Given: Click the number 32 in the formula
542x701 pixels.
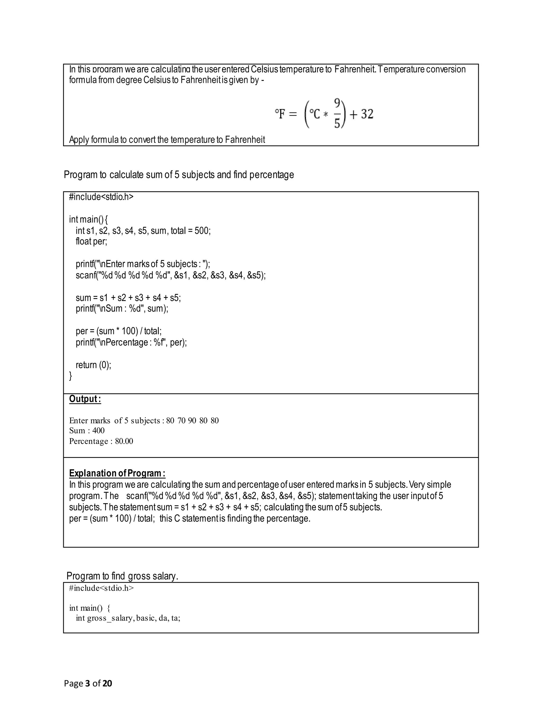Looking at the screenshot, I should [x=367, y=114].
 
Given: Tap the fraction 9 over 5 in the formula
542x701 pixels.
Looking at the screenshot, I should [x=337, y=114].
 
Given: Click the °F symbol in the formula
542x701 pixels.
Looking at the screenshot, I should [x=280, y=114].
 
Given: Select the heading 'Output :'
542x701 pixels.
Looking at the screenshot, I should [x=85, y=399].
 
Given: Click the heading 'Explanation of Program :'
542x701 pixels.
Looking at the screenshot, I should [x=117, y=473].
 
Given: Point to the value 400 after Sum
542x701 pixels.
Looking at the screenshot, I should [x=98, y=431].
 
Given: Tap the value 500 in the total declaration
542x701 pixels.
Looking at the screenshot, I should [x=202, y=231].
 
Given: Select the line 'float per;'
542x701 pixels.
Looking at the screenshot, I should [x=91, y=241].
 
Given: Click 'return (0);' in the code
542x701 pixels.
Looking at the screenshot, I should [x=93, y=365].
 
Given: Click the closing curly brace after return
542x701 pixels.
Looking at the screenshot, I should [x=71, y=376].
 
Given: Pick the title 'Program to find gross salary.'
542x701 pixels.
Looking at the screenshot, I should [x=122, y=576].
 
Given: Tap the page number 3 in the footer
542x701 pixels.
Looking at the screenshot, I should [x=87, y=683].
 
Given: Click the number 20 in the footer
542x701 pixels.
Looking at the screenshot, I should [x=107, y=683].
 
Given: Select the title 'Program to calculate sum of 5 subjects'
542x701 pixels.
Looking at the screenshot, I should [x=179, y=175].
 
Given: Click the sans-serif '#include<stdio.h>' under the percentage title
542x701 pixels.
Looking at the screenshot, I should [x=101, y=197].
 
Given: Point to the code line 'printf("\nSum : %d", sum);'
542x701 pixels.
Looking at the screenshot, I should [x=122, y=309].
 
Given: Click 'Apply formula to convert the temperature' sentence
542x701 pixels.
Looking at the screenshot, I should [x=167, y=140].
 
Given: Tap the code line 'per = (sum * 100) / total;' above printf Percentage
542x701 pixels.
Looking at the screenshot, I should [x=119, y=331].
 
